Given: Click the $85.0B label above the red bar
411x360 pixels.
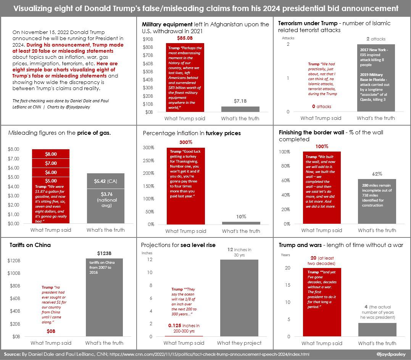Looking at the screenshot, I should (185, 39).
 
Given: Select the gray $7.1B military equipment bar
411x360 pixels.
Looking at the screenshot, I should (240, 109).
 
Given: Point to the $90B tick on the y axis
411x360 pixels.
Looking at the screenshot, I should (148, 39).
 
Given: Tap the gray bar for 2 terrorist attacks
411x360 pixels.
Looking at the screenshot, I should (376, 78).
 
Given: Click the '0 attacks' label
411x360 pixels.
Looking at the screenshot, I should (321, 107).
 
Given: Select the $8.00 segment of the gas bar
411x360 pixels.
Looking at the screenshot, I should (51, 154).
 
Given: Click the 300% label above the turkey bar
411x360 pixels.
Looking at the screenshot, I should (185, 142).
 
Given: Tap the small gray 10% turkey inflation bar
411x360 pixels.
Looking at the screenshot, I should (241, 223).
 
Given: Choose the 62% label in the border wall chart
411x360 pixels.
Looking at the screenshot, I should (377, 174).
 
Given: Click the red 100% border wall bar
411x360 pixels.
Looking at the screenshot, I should (321, 187).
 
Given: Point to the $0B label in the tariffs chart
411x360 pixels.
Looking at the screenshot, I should (51, 331).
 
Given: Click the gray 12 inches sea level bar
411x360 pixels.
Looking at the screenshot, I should (239, 298).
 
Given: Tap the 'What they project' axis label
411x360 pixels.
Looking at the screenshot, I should (239, 343).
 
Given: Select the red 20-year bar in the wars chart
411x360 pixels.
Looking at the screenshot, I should (322, 302).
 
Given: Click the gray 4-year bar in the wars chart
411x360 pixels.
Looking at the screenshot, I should (377, 329).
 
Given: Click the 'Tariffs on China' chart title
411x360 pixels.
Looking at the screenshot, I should (30, 245).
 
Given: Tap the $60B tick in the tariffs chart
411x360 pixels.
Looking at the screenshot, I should (15, 299).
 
